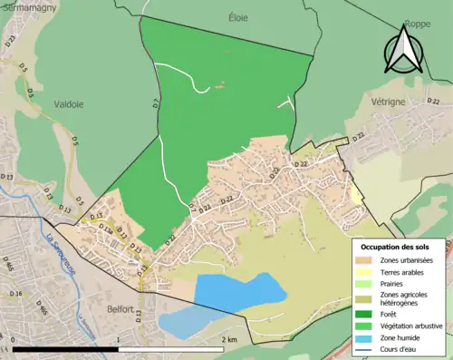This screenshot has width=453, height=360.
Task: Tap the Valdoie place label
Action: tap(68, 104)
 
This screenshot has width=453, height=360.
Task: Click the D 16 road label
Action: tap(15, 294)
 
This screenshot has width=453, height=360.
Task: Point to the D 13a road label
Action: tap(106, 230)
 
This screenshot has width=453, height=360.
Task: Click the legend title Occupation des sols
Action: tap(395, 247)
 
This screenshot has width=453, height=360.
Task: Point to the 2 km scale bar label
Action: tap(230, 339)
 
